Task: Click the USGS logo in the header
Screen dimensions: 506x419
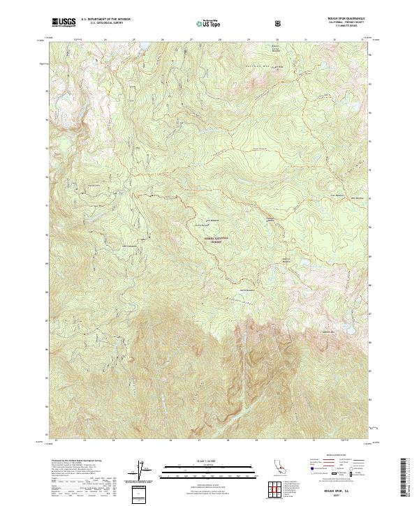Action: click(x=64, y=23)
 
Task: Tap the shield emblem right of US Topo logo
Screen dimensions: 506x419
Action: click(x=278, y=23)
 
